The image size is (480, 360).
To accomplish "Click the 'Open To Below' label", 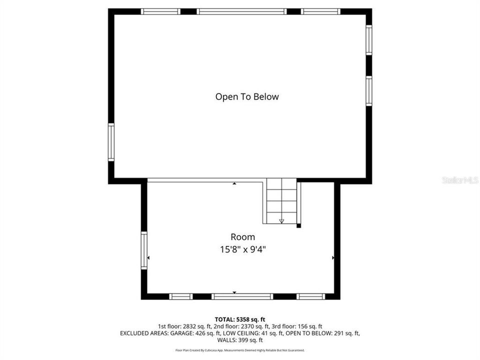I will [x=247, y=96].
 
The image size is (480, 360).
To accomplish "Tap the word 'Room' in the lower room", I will [x=242, y=237].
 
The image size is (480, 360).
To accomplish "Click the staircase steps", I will [x=281, y=200].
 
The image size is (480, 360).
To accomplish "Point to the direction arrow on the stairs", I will [x=281, y=220].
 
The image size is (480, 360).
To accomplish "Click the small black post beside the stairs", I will [x=298, y=226].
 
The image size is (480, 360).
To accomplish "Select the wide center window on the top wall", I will [x=241, y=11].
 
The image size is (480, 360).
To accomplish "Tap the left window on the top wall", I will [x=160, y=11].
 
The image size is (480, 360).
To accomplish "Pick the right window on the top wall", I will [x=320, y=11].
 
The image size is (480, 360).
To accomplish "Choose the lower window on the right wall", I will [x=368, y=91].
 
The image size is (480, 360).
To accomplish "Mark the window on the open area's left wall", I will [x=111, y=142].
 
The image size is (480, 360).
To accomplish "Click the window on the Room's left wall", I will [x=144, y=251].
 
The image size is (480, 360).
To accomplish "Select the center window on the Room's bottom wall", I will [x=242, y=296].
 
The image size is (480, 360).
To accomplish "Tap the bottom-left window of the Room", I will [x=181, y=296].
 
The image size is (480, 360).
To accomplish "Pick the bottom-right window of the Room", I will [x=310, y=296].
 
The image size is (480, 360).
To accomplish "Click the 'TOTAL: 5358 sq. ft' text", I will [x=240, y=319].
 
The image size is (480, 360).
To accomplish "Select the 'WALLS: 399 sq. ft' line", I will [x=240, y=339].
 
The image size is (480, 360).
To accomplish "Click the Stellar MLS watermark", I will [x=460, y=179].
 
